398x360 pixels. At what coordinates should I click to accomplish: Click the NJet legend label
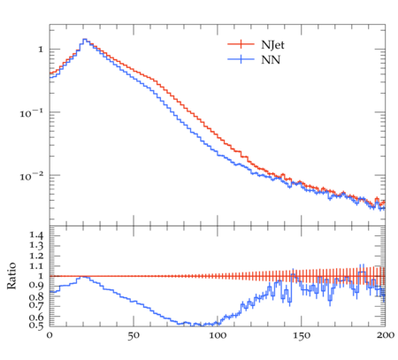pyautogui.click(x=272, y=45)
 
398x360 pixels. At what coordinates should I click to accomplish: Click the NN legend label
pyautogui.click(x=271, y=60)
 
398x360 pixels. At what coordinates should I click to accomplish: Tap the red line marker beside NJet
pyautogui.click(x=241, y=44)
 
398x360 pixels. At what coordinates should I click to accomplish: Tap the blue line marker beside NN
pyautogui.click(x=241, y=59)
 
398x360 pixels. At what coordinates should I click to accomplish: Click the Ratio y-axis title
pyautogui.click(x=11, y=276)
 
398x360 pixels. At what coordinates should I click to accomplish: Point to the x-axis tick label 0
pyautogui.click(x=50, y=335)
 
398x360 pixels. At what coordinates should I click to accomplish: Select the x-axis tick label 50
pyautogui.click(x=134, y=335)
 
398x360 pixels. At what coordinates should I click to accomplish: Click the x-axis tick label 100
pyautogui.click(x=218, y=335)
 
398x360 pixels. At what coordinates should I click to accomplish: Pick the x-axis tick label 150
pyautogui.click(x=302, y=335)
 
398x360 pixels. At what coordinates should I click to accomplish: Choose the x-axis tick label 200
pyautogui.click(x=385, y=335)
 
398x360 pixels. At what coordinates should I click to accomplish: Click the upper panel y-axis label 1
pyautogui.click(x=41, y=50)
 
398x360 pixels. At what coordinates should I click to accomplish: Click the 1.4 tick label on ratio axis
pyautogui.click(x=36, y=235)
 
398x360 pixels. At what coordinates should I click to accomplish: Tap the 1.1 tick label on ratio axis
pyautogui.click(x=36, y=266)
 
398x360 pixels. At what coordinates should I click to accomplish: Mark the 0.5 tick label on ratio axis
pyautogui.click(x=36, y=326)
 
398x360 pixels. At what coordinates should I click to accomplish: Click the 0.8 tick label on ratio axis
pyautogui.click(x=36, y=296)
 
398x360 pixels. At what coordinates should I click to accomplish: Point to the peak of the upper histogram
pyautogui.click(x=85, y=39)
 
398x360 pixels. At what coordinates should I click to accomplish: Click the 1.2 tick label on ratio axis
pyautogui.click(x=36, y=256)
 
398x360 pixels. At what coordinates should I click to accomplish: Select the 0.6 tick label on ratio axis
pyautogui.click(x=36, y=317)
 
